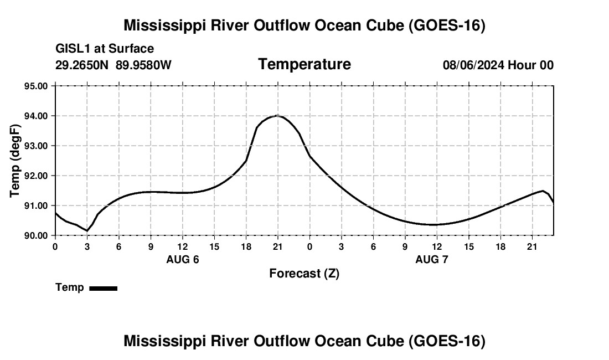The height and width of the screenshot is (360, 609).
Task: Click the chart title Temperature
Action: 304,64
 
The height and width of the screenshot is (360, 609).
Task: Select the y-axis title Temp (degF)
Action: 14,161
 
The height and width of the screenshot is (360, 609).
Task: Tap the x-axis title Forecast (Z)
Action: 304,274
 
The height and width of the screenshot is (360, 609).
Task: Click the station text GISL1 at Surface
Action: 105,49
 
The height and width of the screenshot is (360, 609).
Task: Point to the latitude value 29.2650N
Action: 82,65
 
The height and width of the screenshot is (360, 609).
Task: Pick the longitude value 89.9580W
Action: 143,65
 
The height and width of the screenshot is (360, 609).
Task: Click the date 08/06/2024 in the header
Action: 473,65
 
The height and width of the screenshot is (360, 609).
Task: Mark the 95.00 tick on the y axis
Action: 36,86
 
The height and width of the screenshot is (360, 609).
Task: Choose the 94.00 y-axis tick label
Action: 36,116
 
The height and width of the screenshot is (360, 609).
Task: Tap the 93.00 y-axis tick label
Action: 36,146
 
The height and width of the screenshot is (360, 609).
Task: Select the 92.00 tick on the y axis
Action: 36,176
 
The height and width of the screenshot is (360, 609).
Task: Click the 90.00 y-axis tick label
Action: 36,235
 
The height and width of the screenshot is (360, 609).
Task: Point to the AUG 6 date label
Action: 183,259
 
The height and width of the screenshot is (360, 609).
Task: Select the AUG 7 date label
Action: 431,259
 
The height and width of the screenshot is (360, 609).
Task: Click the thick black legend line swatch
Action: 104,288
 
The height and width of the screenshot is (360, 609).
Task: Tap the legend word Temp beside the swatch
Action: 70,287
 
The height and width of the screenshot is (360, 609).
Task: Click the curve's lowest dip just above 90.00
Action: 87,231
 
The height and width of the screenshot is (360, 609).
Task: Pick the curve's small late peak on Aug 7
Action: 543,191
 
